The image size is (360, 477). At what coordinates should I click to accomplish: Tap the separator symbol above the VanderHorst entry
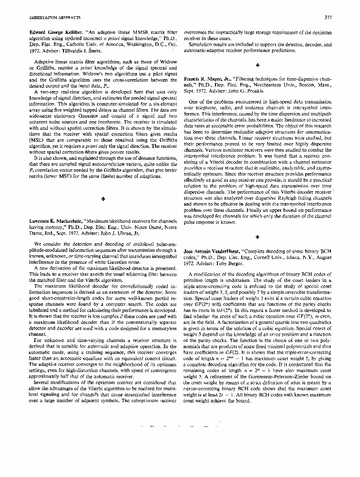257,237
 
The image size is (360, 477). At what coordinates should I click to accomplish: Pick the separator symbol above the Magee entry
257,64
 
